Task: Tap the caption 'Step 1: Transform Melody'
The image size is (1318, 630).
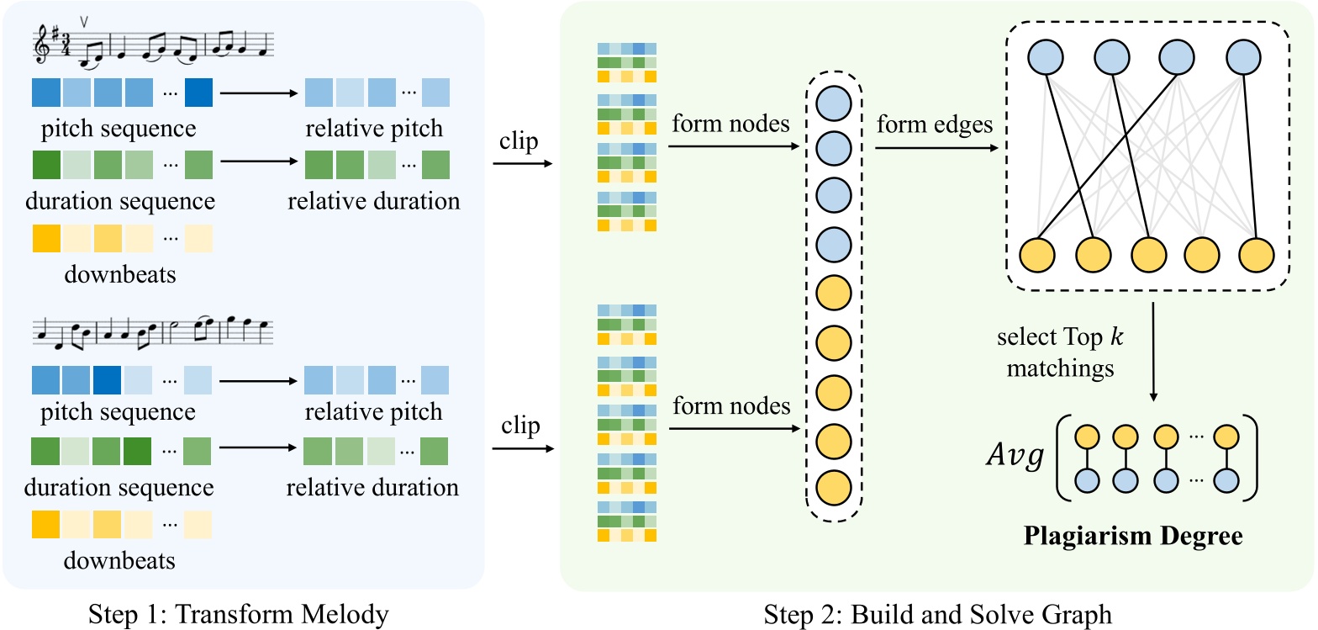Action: point(241,614)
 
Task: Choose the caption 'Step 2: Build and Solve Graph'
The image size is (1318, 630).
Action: point(937,614)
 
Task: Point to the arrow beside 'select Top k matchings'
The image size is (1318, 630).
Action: point(1153,352)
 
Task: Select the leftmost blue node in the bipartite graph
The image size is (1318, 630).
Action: point(1043,56)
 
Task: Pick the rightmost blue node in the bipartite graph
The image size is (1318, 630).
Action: point(1242,56)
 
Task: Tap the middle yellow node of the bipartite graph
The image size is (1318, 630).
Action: point(1148,257)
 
